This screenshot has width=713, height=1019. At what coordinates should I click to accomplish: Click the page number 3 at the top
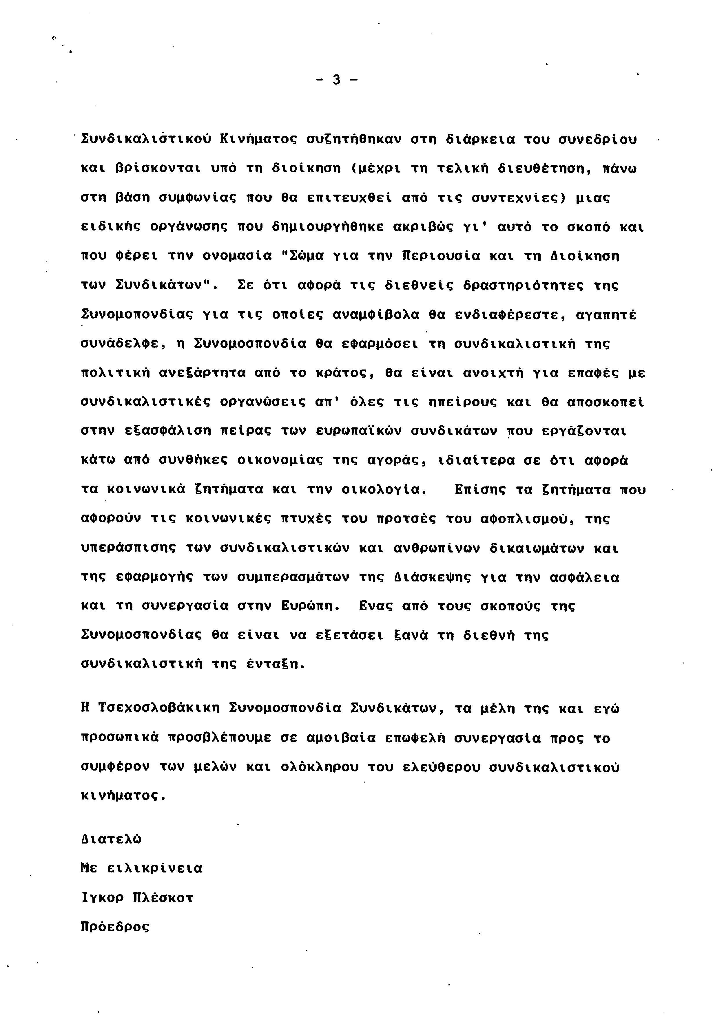pyautogui.click(x=336, y=80)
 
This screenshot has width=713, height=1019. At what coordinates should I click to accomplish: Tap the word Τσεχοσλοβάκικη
pyautogui.click(x=158, y=708)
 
